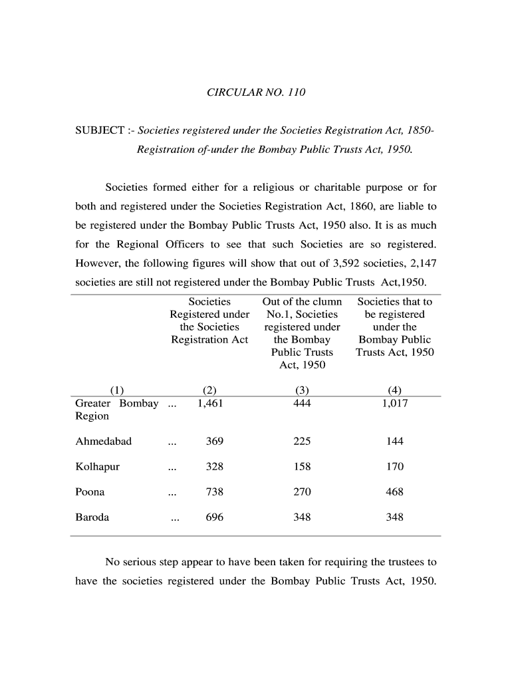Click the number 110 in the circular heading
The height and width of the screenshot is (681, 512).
coord(297,92)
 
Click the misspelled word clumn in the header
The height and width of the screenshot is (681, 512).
coord(328,302)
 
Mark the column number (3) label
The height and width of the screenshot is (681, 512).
coord(302,390)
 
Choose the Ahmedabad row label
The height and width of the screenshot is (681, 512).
coord(104,442)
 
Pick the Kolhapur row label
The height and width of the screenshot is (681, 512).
coord(98,467)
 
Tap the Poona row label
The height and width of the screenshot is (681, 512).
coord(90,492)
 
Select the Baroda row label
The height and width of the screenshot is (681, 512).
coord(92,517)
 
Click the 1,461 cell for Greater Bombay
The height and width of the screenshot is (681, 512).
coord(210,404)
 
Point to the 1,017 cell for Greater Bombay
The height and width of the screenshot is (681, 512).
coord(394,404)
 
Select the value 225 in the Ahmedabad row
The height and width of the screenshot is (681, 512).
coord(302,442)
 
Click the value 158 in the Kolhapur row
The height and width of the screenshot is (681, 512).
coord(302,467)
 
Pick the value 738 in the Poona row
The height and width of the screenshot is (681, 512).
coord(214,492)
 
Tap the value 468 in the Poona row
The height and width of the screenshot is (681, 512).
coord(394,492)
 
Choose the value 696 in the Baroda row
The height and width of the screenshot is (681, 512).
coord(214,517)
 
